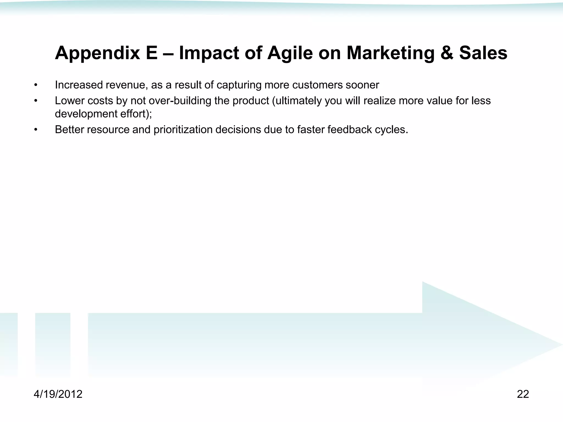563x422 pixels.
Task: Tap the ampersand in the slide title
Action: (x=447, y=53)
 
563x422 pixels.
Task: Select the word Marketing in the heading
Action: (x=390, y=53)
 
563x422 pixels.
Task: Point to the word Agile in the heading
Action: (x=290, y=53)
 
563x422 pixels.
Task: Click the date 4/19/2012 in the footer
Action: (x=58, y=394)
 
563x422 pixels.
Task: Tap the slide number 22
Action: (x=523, y=394)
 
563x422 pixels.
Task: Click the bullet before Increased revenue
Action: (x=35, y=85)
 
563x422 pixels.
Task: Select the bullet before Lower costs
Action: (x=35, y=101)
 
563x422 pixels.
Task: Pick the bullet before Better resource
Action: (x=35, y=130)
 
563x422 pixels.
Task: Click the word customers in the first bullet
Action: (x=318, y=85)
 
